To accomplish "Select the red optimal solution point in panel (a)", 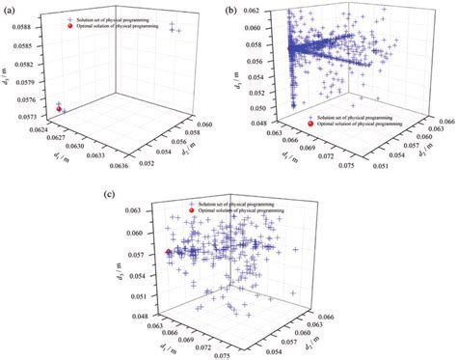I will [x=60, y=109].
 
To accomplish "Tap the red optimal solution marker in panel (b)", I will [x=288, y=47].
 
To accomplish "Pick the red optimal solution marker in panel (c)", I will [x=170, y=253].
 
